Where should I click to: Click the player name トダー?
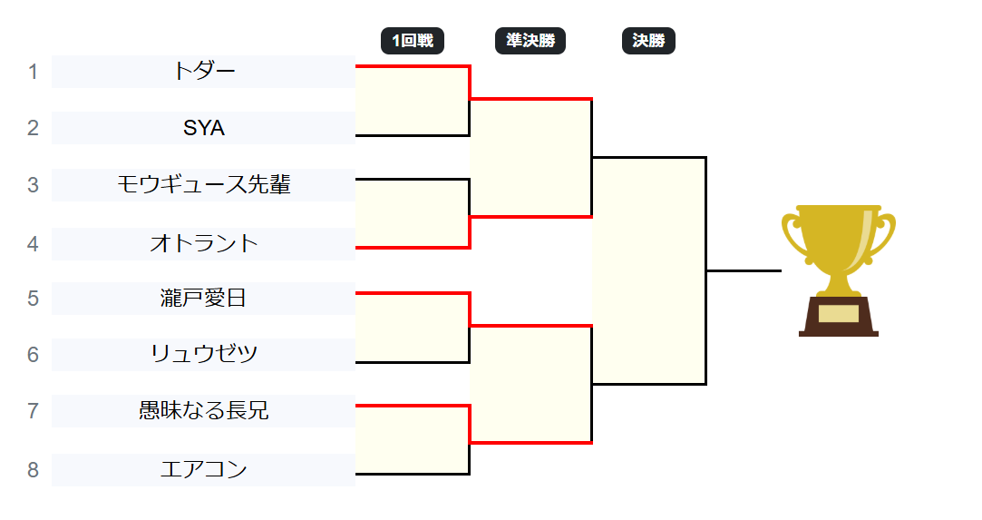click(204, 72)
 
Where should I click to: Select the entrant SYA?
click(204, 128)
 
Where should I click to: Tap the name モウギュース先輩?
click(204, 185)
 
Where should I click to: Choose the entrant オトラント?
click(204, 243)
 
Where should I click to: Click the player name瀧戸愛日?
click(204, 298)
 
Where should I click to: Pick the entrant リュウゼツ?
click(204, 354)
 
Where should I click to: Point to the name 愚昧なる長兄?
click(204, 411)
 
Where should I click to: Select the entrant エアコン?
click(204, 469)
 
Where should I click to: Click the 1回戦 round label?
click(413, 41)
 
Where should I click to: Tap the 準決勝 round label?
click(530, 41)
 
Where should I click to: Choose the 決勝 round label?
click(649, 41)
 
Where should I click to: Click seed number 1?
click(34, 72)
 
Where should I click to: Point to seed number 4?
click(34, 243)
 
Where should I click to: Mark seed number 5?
click(34, 298)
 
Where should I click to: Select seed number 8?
click(34, 469)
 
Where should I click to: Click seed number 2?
click(34, 128)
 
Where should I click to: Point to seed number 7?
click(34, 411)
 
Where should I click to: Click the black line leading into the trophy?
click(744, 270)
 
